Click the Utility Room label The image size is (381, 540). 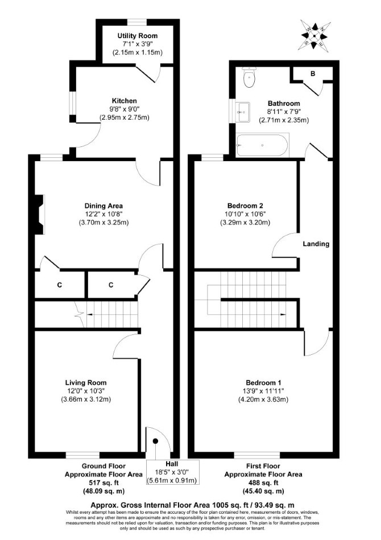(x=138, y=36)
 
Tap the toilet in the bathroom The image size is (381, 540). (x=249, y=77)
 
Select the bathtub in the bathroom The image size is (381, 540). (x=262, y=145)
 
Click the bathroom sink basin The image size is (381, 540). (x=243, y=112)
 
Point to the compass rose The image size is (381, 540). (x=314, y=35)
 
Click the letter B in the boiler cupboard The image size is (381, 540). (x=313, y=73)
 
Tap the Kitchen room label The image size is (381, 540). (x=124, y=101)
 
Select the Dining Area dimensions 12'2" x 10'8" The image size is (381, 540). (x=103, y=214)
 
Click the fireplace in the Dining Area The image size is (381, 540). (x=39, y=215)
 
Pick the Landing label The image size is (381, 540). (x=316, y=244)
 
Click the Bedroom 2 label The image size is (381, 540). (x=245, y=206)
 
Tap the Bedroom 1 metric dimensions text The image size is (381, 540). (x=263, y=399)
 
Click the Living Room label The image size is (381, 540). (x=86, y=383)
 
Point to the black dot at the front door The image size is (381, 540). (x=155, y=441)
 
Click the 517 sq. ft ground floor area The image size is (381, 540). (x=103, y=483)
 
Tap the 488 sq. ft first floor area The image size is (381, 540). (x=263, y=483)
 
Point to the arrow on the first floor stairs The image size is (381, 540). (x=283, y=314)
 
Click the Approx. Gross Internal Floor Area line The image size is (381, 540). (x=192, y=505)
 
